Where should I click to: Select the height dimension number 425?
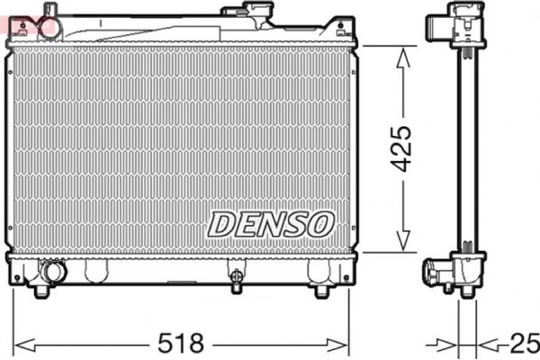402,149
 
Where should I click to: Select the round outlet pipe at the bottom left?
52,271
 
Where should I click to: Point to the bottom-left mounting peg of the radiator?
40,291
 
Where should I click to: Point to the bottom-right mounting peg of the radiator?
321,291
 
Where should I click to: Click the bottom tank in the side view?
459,269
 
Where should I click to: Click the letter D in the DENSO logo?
220,223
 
